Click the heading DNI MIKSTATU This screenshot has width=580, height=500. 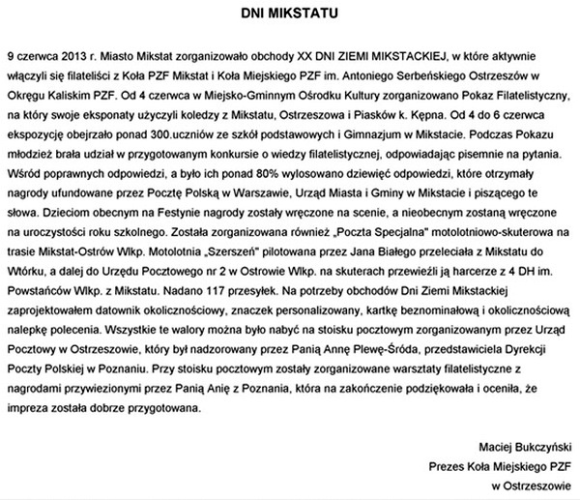coord(290,15)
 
